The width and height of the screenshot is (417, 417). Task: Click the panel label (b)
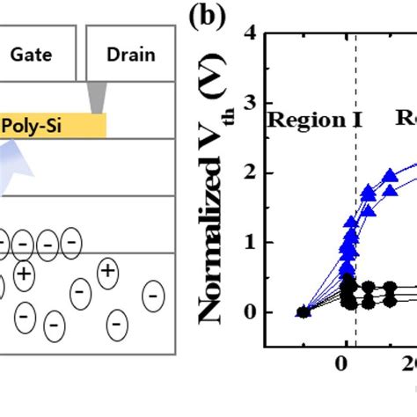pos(209,18)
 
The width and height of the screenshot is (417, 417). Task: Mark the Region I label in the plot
pos(308,120)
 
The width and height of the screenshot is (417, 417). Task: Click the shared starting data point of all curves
pos(304,311)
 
